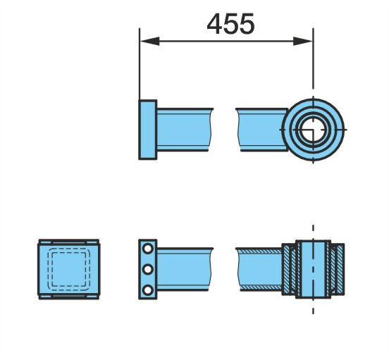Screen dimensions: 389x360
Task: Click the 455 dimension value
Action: tap(230, 24)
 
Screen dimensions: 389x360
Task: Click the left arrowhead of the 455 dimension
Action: tap(149, 41)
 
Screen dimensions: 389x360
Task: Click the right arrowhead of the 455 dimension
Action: tap(303, 41)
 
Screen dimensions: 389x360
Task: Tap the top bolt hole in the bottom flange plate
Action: tap(148, 249)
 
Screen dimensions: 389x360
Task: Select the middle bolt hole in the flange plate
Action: tap(148, 269)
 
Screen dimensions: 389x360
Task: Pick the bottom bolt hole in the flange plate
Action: tap(148, 290)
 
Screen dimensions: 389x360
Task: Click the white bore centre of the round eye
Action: tap(313, 130)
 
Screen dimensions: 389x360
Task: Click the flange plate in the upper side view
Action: tap(147, 130)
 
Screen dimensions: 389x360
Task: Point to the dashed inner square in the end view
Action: tap(69, 269)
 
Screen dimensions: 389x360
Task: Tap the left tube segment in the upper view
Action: tap(184, 130)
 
